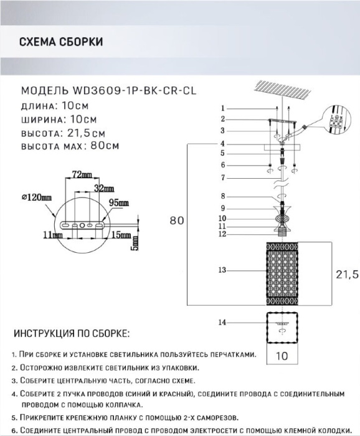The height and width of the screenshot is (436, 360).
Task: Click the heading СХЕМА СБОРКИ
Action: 61,42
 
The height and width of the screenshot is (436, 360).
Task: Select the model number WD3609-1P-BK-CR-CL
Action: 135,91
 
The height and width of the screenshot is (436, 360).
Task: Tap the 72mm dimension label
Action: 82,174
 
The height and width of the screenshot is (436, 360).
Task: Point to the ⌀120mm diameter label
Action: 36,197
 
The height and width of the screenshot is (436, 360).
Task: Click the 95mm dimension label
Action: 119,202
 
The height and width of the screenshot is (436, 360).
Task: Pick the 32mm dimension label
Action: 103,188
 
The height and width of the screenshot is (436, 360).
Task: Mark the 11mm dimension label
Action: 53,235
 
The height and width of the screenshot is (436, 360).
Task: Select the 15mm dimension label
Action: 121,235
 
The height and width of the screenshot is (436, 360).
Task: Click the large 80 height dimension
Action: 177,220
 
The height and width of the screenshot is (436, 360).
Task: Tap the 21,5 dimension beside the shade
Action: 348,275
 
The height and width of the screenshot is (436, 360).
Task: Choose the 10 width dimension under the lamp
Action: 282,356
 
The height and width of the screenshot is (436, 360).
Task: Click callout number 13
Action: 222,270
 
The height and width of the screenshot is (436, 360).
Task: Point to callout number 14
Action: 222,323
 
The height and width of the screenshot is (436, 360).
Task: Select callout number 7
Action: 223,178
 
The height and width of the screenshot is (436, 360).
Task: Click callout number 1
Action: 223,108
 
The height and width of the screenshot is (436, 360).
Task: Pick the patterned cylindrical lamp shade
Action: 282,274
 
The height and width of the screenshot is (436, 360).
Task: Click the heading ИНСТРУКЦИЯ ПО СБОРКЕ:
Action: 72,333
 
